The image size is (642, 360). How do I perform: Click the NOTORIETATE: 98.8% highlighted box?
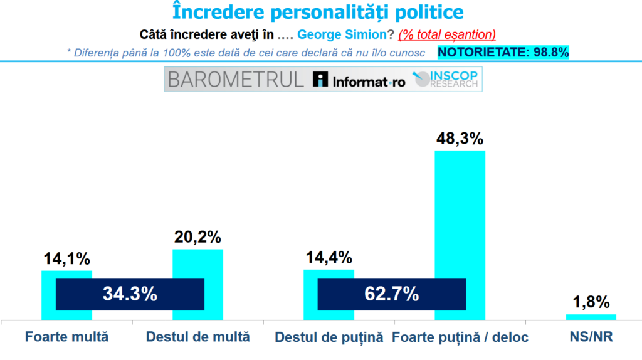[x=503, y=52]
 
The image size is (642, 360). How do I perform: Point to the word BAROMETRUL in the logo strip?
[x=236, y=80]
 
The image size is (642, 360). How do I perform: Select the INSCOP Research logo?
[x=446, y=80]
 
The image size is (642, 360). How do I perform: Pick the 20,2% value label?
[x=197, y=237]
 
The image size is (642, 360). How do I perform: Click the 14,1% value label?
[x=66, y=258]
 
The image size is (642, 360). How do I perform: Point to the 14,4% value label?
[x=329, y=257]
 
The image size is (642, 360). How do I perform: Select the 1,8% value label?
[x=591, y=302]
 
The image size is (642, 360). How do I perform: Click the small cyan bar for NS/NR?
[x=591, y=317]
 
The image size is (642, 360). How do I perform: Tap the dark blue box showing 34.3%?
[x=130, y=294]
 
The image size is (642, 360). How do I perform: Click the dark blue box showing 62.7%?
[x=392, y=294]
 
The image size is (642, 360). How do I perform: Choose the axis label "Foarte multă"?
[x=66, y=337]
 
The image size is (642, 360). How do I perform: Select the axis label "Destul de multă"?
[x=197, y=337]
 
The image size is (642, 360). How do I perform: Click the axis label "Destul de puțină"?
[x=329, y=337]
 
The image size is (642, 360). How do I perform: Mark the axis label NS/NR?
[x=591, y=337]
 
